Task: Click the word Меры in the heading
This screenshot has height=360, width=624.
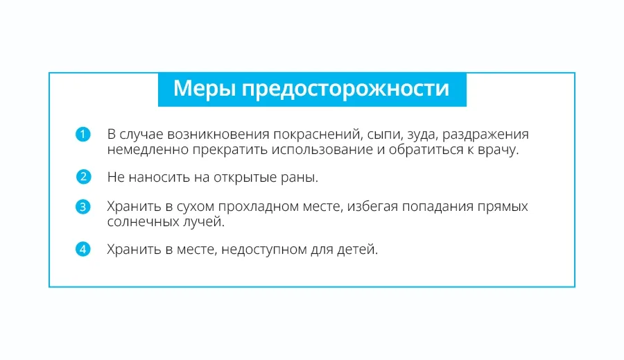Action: point(205,89)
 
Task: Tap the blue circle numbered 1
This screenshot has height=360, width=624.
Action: point(83,134)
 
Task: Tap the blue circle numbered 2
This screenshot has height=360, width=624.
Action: point(83,177)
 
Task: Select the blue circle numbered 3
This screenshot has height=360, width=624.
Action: point(83,207)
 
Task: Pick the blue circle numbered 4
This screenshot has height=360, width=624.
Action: point(83,249)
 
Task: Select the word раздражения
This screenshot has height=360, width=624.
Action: point(485,135)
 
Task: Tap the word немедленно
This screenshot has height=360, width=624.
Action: point(148,150)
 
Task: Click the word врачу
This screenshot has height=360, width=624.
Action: point(499,151)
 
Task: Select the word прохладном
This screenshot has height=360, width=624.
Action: point(259,207)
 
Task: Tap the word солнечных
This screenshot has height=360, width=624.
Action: point(144,222)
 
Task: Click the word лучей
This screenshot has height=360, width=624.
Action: point(204,221)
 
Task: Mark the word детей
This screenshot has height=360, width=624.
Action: point(357,249)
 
